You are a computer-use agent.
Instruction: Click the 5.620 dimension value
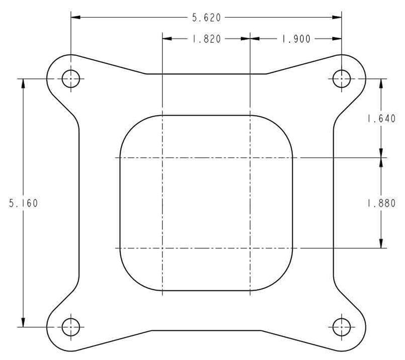(x=206, y=18)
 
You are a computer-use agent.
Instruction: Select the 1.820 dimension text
(x=206, y=39)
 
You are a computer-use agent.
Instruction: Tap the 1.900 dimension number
(x=296, y=39)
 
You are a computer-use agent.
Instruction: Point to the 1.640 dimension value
(x=381, y=119)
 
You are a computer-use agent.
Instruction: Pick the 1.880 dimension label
(x=381, y=203)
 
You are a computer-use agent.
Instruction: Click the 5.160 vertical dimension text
(x=23, y=203)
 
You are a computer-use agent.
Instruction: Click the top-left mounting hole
(x=71, y=78)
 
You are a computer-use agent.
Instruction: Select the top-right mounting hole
(x=342, y=78)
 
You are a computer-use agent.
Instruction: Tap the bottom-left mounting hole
(x=71, y=327)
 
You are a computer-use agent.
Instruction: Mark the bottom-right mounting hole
(x=342, y=327)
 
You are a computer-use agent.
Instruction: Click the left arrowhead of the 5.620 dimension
(x=75, y=18)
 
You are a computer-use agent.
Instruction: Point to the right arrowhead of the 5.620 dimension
(x=338, y=18)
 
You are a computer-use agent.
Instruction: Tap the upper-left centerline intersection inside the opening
(x=162, y=157)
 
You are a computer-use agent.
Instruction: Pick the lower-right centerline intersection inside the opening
(x=250, y=248)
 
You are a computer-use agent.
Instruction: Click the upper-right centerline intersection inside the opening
(x=250, y=157)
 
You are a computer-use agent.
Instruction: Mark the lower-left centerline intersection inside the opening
(x=162, y=248)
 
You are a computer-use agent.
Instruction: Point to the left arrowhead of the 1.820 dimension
(x=167, y=39)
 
